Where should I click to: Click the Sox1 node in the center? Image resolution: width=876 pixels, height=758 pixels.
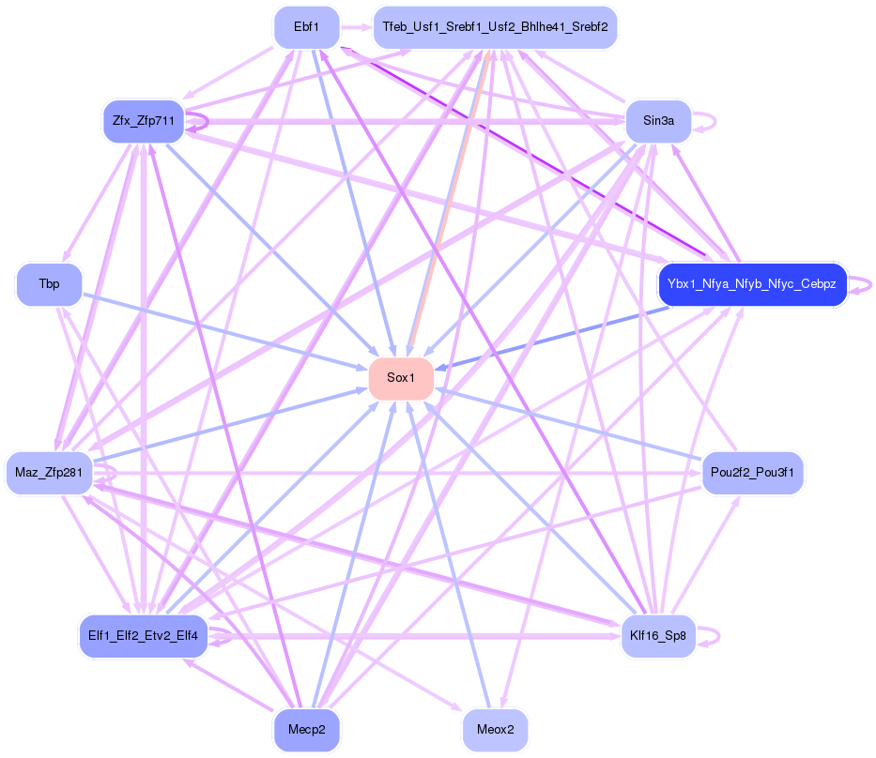click(401, 379)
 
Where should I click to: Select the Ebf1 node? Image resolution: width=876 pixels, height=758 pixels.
click(306, 28)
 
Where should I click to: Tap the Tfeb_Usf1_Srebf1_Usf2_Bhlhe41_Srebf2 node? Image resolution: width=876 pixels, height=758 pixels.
click(495, 28)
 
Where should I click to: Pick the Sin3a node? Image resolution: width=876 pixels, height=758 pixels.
click(658, 121)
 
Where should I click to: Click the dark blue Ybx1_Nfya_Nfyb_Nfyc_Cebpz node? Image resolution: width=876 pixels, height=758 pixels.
click(753, 283)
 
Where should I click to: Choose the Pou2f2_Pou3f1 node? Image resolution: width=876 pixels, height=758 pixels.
click(752, 473)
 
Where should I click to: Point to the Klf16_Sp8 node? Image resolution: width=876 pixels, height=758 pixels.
click(658, 636)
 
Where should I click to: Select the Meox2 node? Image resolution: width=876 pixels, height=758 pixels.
click(495, 730)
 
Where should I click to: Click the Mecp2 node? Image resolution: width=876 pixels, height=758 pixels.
click(306, 730)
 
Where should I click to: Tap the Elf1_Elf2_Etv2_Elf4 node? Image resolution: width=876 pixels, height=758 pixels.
click(143, 636)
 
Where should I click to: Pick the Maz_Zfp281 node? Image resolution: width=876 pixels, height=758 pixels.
click(49, 473)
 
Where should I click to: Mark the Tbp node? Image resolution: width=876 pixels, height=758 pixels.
click(49, 283)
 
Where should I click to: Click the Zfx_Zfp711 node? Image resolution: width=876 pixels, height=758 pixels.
click(143, 121)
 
